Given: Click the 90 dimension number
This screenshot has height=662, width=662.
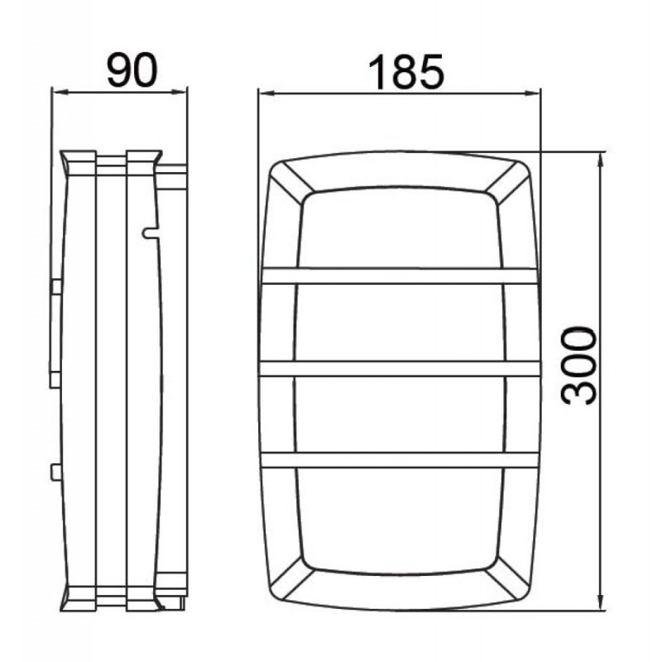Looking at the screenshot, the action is pyautogui.click(x=132, y=71).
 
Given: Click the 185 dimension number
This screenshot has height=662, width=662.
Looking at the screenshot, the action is pyautogui.click(x=406, y=72).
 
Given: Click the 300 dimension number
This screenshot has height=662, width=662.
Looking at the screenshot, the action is pyautogui.click(x=578, y=366).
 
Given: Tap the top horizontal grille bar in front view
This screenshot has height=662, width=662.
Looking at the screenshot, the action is pyautogui.click(x=400, y=276).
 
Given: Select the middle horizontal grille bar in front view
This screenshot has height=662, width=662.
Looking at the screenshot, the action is pyautogui.click(x=400, y=368).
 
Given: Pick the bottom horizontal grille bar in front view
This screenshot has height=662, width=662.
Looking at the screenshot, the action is pyautogui.click(x=400, y=460).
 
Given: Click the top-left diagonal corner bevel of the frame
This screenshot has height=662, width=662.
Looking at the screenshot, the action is pyautogui.click(x=292, y=183).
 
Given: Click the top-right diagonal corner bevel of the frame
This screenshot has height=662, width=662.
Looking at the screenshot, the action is pyautogui.click(x=506, y=183).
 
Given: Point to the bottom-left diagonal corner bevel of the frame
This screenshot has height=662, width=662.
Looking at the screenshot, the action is pyautogui.click(x=292, y=578).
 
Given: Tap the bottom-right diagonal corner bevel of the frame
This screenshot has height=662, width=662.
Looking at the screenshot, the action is pyautogui.click(x=506, y=578).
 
